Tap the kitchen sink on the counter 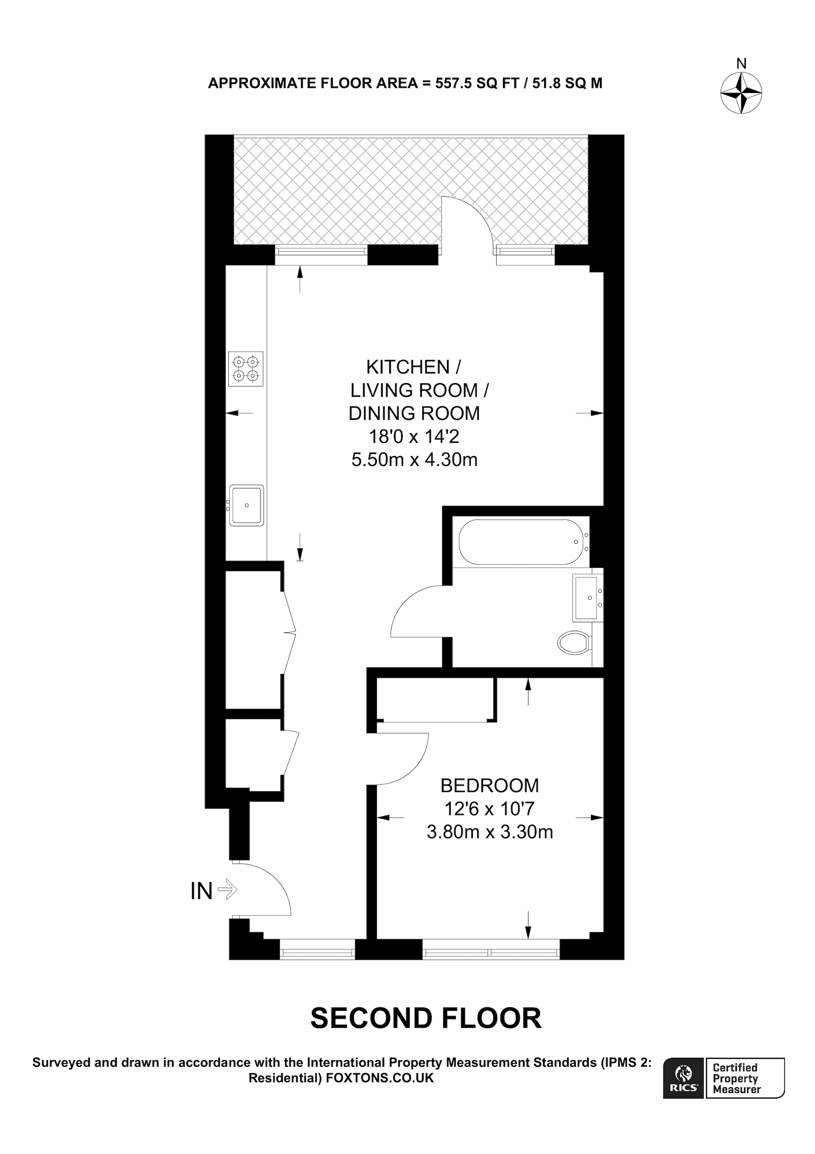246,505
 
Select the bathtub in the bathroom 522,542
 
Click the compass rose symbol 741,93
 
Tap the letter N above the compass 741,64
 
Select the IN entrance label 202,891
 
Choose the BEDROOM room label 489,786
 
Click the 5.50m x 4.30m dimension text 414,460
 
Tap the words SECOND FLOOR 426,1018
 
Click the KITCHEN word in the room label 408,367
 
